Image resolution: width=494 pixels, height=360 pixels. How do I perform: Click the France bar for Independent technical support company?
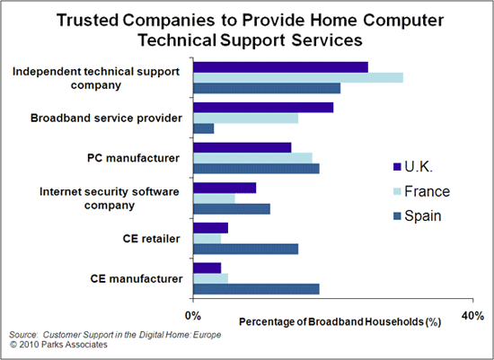298,77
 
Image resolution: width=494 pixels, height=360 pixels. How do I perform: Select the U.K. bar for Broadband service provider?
263,108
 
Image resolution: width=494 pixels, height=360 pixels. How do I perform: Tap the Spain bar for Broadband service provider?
204,128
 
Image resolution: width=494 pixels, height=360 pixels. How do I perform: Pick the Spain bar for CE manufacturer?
256,288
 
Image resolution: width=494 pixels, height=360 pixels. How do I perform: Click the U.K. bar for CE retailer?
210,227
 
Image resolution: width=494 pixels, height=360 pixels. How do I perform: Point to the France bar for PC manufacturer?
252,158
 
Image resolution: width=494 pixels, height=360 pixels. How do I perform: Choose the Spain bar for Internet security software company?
232,208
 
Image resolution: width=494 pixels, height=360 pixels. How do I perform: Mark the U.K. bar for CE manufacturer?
207,268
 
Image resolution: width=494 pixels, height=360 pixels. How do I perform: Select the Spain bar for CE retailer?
245,248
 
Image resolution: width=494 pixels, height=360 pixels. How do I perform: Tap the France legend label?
427,191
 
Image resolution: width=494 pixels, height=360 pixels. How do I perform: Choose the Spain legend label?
423,215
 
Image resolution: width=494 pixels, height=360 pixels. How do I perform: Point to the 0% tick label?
192,315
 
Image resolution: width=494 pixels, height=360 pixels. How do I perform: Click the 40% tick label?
472,315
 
